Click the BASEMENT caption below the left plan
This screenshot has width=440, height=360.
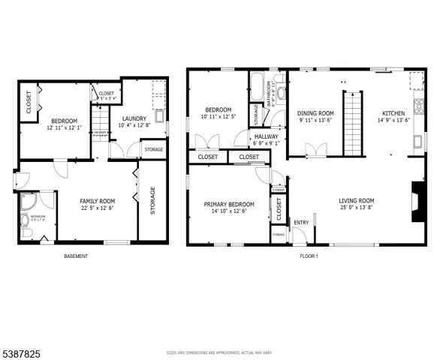coord(75,256)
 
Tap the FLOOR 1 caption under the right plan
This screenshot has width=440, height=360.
coord(309,256)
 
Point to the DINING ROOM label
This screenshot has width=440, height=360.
coord(315,113)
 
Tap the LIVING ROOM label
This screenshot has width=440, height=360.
coord(356,200)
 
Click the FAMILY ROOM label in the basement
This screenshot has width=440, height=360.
coord(97,200)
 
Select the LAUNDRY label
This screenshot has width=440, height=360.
coord(134,118)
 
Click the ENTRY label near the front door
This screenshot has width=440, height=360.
coord(301,222)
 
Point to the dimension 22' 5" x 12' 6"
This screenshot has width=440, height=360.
coord(97,208)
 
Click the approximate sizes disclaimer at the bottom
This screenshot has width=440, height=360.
coord(220,351)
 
